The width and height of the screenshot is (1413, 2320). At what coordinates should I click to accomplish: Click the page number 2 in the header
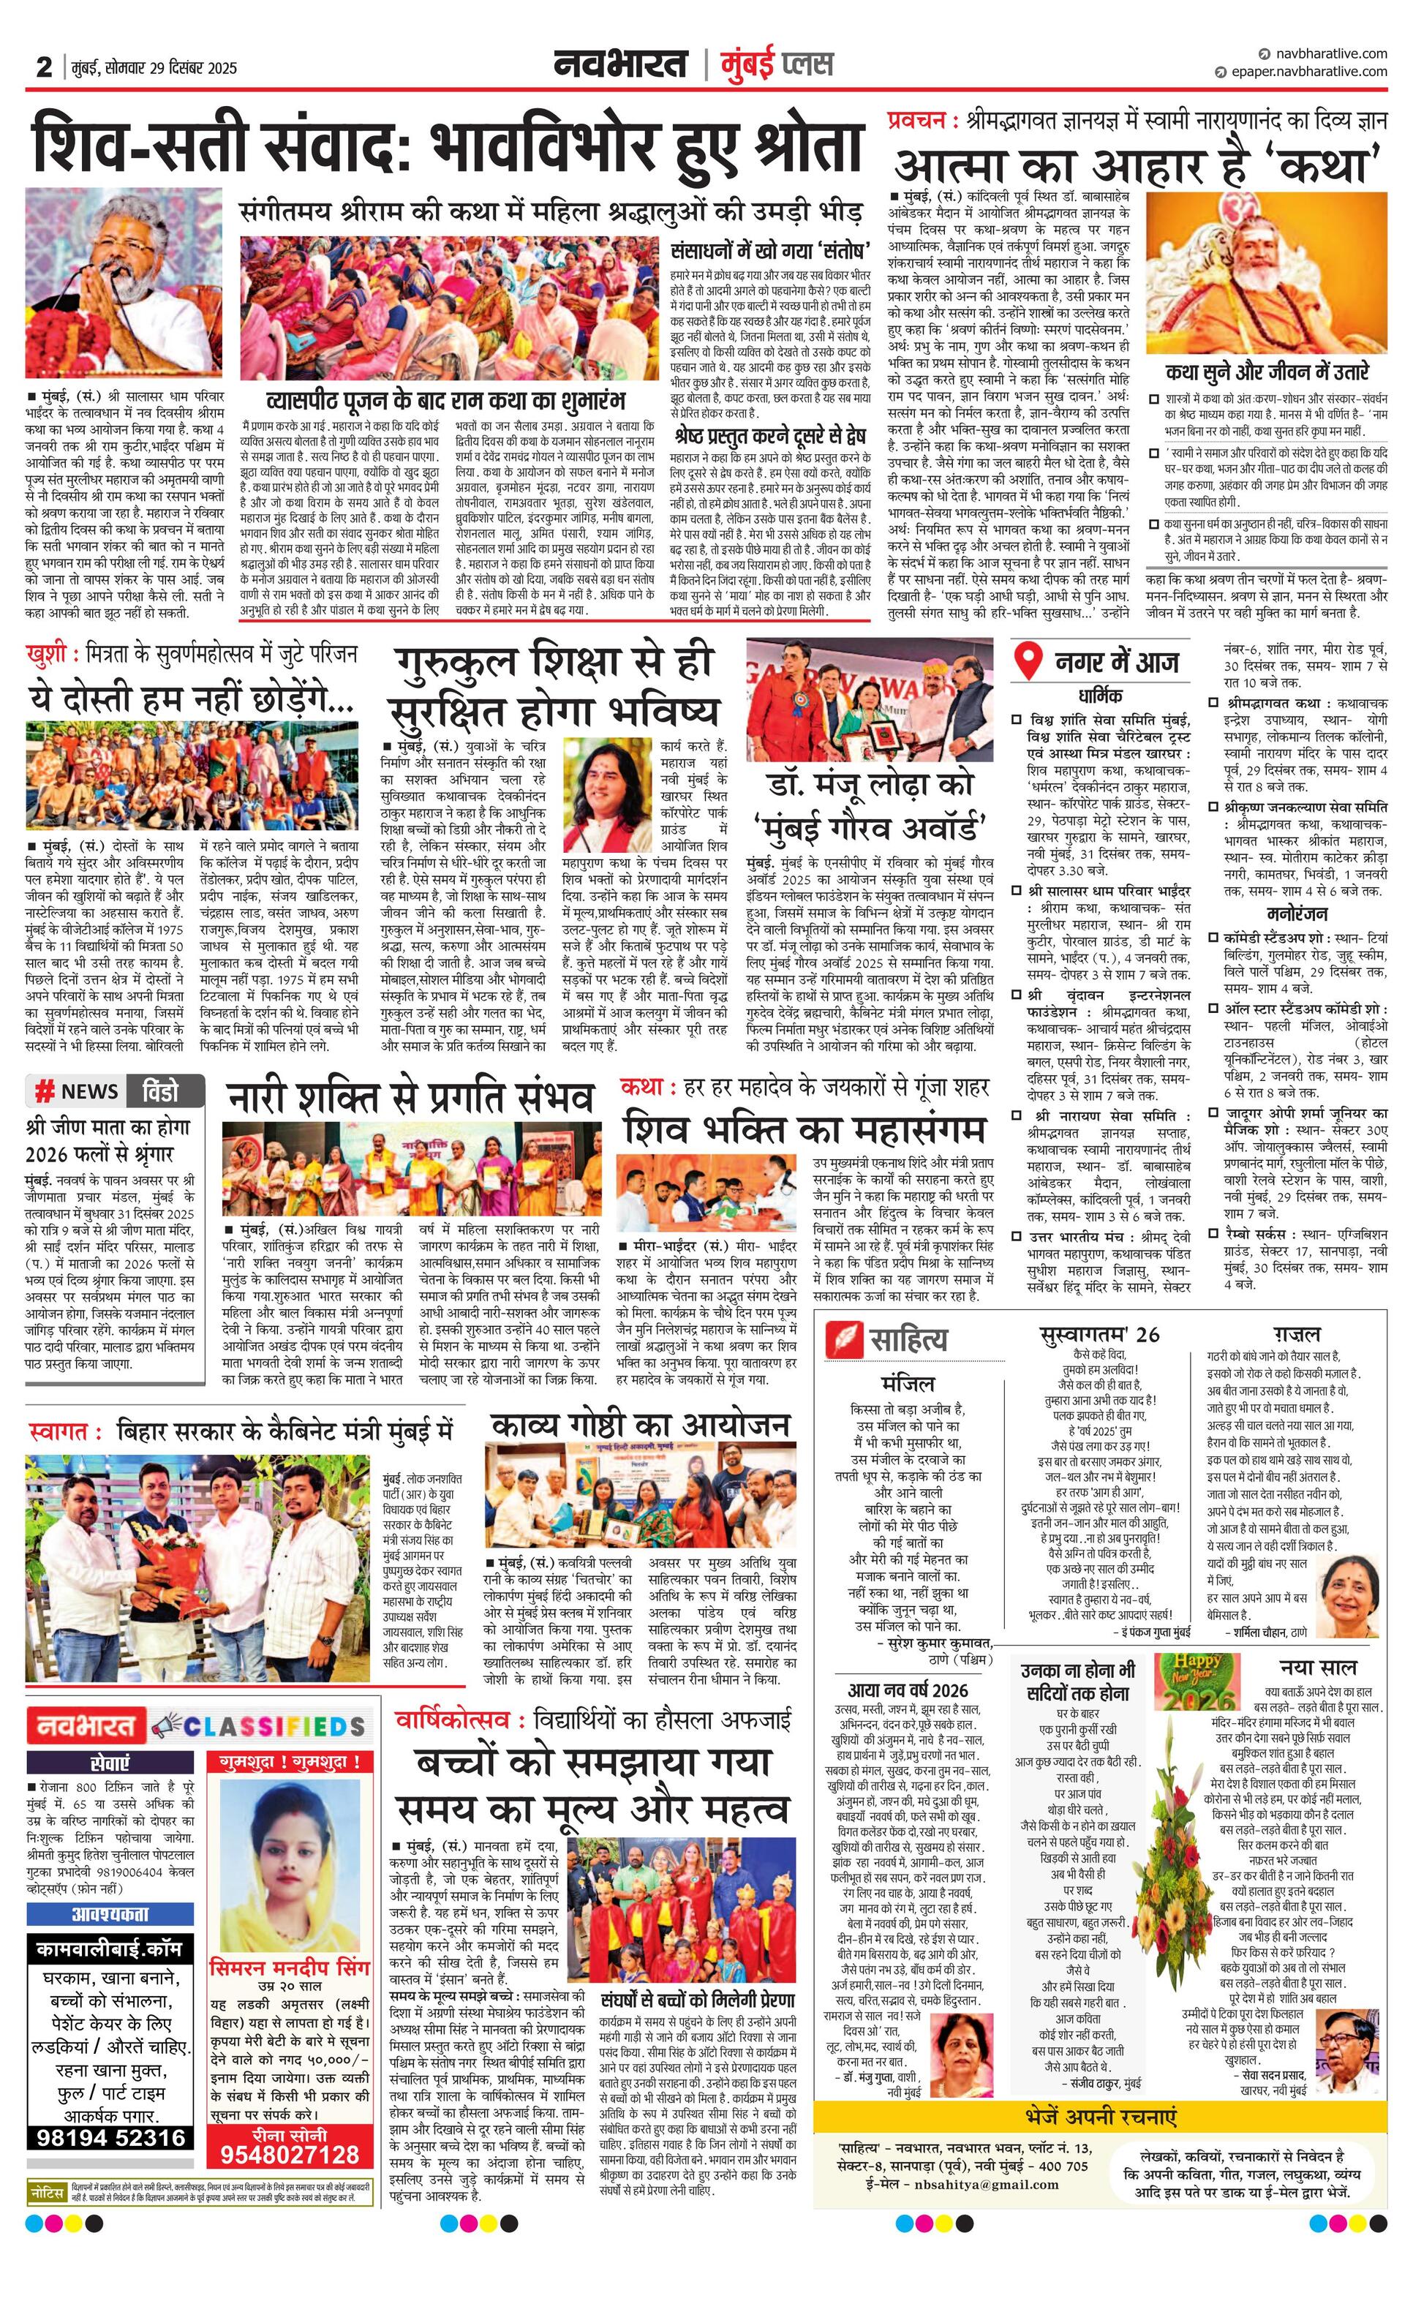point(43,67)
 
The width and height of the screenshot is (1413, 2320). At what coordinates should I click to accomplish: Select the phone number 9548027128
point(290,2153)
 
